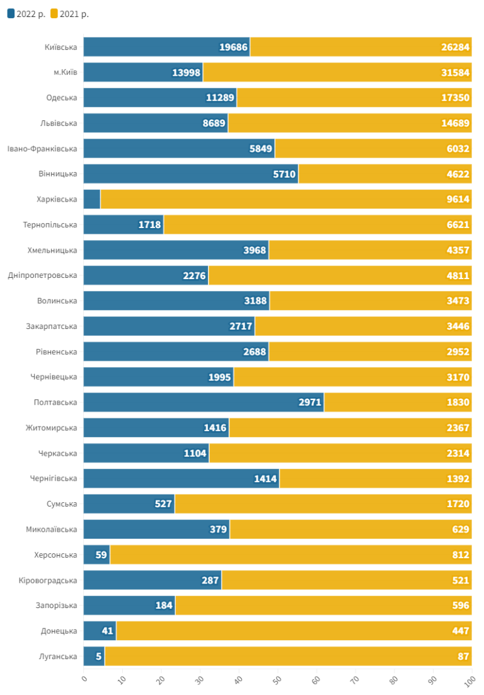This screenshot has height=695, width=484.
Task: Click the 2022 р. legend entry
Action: point(26,14)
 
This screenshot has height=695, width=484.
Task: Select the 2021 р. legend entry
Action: point(69,14)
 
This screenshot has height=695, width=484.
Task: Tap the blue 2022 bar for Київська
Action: point(166,47)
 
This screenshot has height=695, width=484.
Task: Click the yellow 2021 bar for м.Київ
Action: point(337,72)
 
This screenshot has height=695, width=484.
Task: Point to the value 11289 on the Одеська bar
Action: point(220,98)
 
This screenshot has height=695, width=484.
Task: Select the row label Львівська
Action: point(59,123)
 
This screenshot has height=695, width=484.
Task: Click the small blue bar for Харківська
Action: point(92,199)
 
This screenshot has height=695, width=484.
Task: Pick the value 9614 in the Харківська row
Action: point(458,199)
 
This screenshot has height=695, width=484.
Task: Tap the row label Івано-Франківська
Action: point(42,149)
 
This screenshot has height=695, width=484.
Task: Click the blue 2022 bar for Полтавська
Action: point(204,402)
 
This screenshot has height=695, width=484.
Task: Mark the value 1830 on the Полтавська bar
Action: point(458,402)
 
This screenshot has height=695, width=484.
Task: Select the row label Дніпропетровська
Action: point(43,275)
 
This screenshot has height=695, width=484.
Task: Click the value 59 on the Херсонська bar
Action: point(101,555)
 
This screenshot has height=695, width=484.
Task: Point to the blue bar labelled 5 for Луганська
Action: point(94,657)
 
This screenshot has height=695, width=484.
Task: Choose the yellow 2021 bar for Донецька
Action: point(294,631)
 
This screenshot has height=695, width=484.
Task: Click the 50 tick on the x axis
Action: point(277,679)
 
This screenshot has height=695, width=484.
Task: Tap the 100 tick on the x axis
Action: point(470,681)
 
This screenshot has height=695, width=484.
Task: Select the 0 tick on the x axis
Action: point(84,679)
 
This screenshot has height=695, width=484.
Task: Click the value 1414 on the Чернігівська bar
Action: point(265,479)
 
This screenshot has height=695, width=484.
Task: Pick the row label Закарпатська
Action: point(52,326)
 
